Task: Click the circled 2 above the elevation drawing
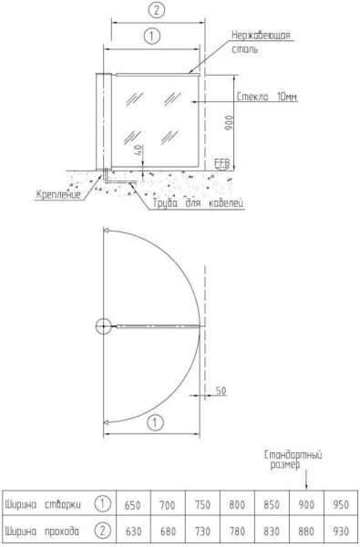tap(157, 10)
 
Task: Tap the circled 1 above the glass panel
tap(152, 36)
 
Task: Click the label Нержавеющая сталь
tap(261, 42)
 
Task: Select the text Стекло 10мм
tap(267, 97)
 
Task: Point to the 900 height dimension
tap(229, 123)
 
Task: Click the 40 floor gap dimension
tap(139, 150)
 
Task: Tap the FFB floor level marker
tap(222, 163)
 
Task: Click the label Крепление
tap(58, 194)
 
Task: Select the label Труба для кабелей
tap(198, 203)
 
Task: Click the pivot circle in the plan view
tap(103, 326)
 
